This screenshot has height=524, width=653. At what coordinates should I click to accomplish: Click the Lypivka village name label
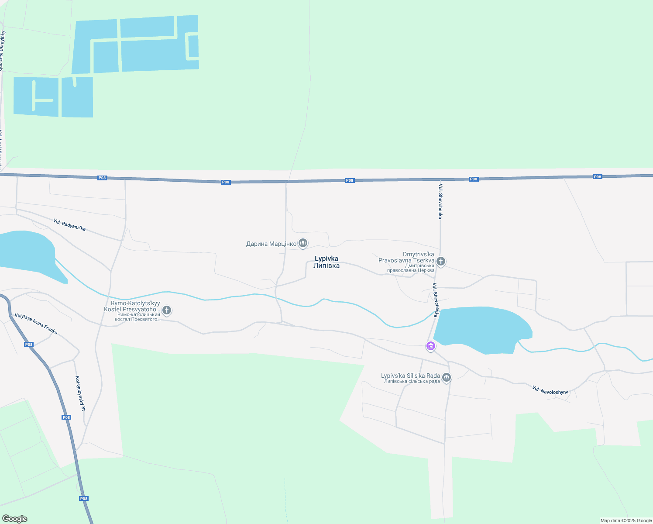[x=326, y=259]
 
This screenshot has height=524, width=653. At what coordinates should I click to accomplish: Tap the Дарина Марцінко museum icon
[x=303, y=244]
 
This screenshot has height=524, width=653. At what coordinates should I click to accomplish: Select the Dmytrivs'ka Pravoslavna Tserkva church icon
[x=441, y=262]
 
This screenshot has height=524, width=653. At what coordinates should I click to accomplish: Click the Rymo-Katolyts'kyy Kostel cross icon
[x=167, y=310]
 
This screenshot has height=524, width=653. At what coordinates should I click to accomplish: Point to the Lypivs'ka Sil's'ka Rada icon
[x=446, y=377]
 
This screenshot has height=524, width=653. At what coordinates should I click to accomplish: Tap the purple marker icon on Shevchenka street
[x=431, y=346]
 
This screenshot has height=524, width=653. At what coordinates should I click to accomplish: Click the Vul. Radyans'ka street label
[x=69, y=225]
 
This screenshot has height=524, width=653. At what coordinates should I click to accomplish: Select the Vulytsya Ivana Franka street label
[x=36, y=324]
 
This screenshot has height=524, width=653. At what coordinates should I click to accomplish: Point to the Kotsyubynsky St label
[x=80, y=393]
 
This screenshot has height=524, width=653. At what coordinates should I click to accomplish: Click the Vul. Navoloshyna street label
[x=550, y=390]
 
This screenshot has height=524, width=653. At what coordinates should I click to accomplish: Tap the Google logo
[x=15, y=519]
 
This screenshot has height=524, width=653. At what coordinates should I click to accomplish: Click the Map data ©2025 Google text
[x=626, y=521]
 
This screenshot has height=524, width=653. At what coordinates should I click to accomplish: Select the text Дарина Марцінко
[x=271, y=244]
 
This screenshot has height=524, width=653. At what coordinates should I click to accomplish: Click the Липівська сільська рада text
[x=412, y=382]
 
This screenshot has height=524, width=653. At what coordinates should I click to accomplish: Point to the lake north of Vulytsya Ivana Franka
[x=26, y=253]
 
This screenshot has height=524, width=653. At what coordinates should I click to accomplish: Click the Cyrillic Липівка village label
[x=326, y=265]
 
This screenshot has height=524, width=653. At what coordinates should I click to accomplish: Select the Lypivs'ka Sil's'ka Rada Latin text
[x=410, y=376]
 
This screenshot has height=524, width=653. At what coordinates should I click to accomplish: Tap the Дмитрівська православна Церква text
[x=411, y=268]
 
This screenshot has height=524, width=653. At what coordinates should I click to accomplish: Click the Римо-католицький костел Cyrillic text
[x=137, y=317]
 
